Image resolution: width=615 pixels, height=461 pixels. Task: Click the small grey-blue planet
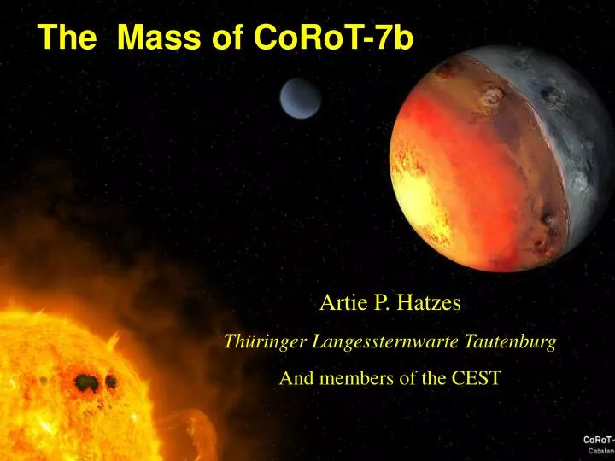click(x=300, y=98)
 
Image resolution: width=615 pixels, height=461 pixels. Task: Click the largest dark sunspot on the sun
click(x=85, y=382)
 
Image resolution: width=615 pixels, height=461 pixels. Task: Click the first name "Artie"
click(x=338, y=301)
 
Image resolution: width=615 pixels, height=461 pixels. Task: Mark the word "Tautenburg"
click(x=511, y=342)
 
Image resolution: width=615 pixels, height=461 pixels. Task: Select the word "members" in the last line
click(x=350, y=380)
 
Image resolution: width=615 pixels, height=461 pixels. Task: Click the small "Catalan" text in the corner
click(x=600, y=450)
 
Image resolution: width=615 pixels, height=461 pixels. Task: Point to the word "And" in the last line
click(x=295, y=380)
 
